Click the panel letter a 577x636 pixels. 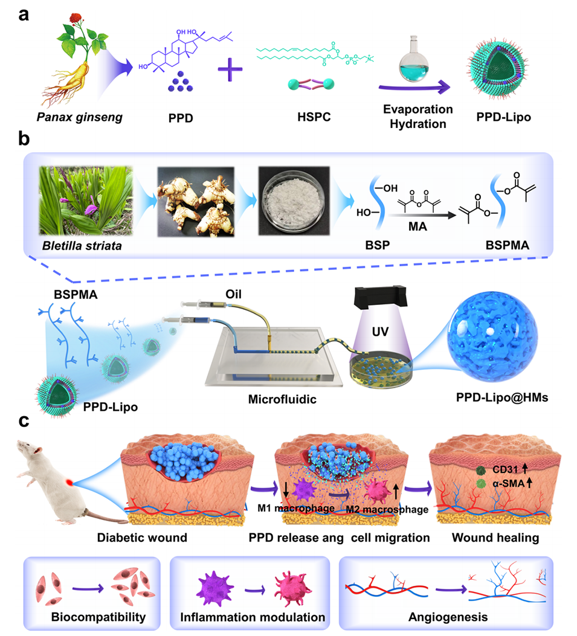(x=24, y=14)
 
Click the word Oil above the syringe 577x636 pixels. (x=264, y=296)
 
